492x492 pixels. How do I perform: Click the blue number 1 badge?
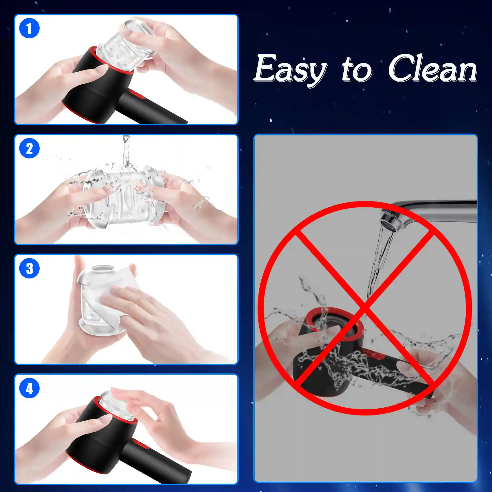tap(29, 28)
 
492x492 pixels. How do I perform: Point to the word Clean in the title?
tap(432, 68)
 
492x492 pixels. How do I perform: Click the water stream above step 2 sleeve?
tap(126, 153)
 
